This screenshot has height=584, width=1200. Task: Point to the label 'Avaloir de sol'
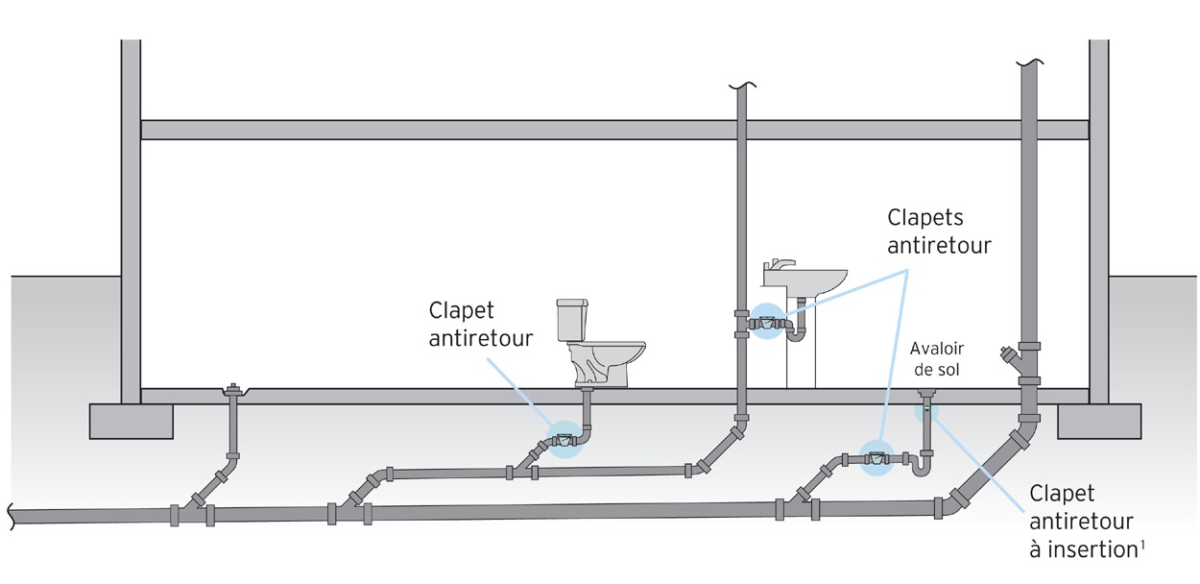tap(936, 358)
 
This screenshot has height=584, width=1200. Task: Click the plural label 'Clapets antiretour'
tap(938, 231)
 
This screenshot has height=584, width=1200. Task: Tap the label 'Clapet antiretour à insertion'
tap(1080, 522)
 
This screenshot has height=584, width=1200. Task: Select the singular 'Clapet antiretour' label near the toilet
tap(476, 324)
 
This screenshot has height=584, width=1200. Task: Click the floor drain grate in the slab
tap(926, 392)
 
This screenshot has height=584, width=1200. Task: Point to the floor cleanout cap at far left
tap(231, 390)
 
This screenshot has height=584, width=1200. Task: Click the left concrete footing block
tap(132, 420)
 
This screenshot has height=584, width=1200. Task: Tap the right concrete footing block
tap(1099, 420)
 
